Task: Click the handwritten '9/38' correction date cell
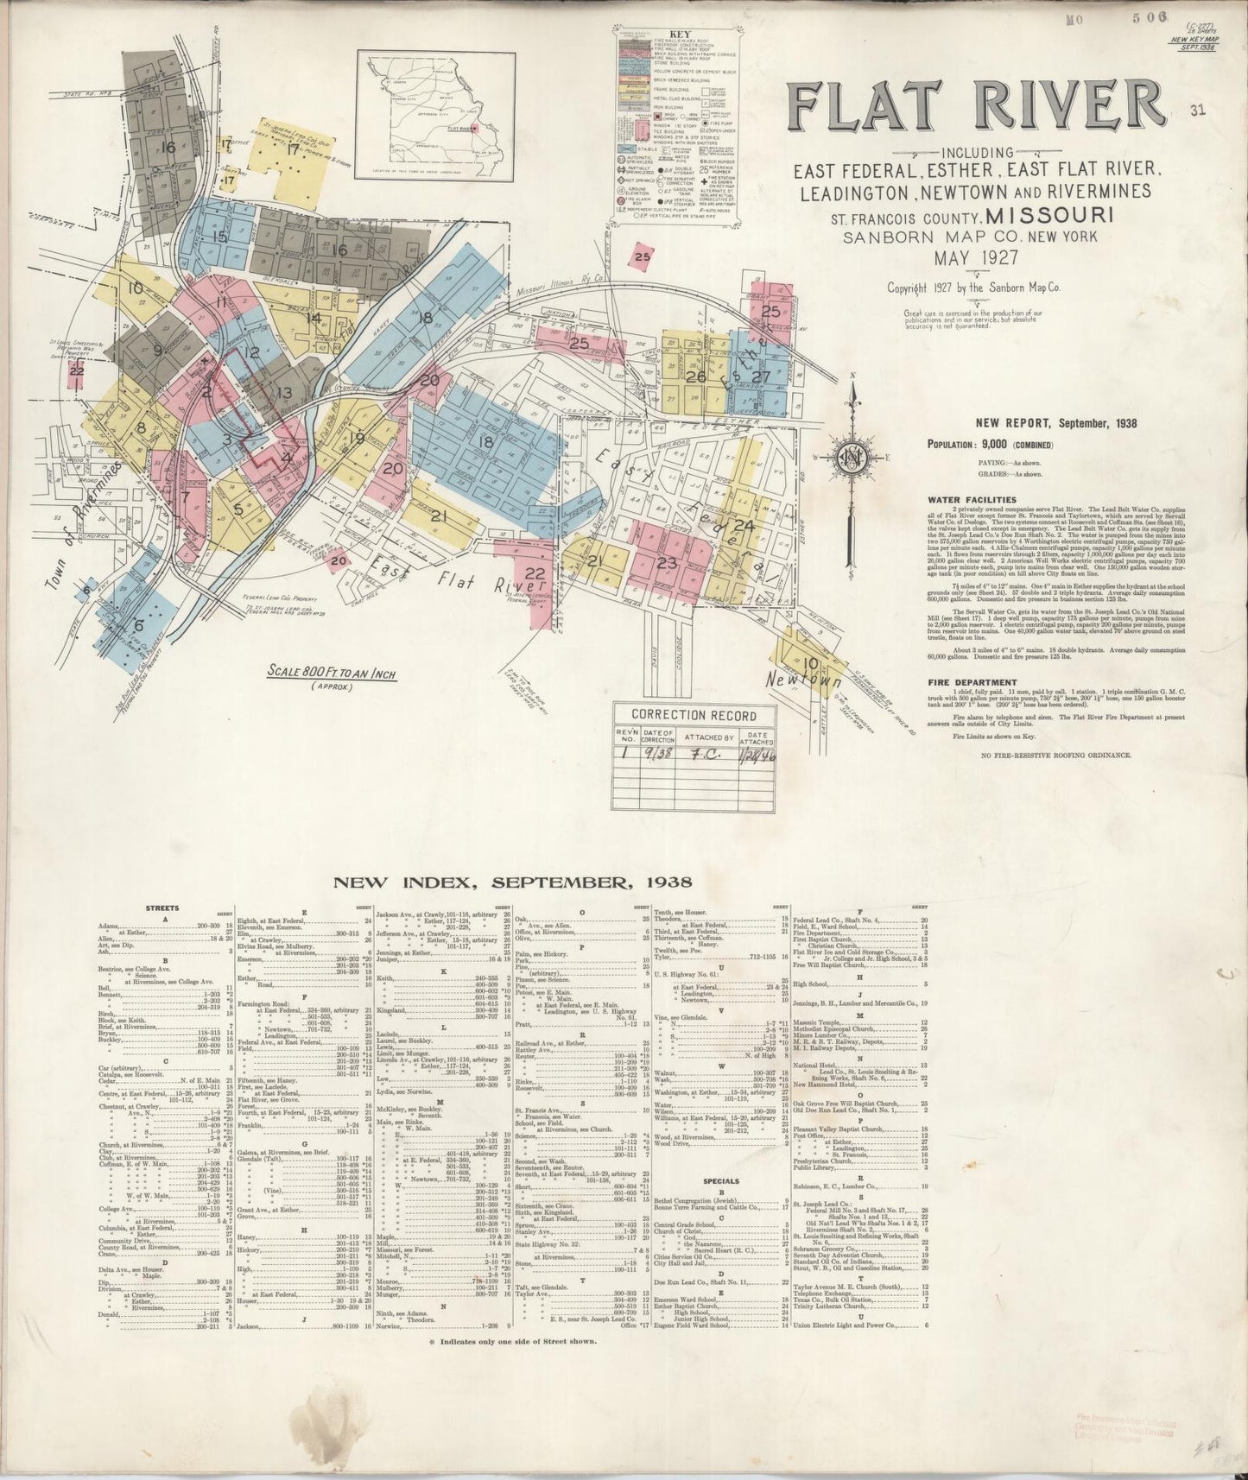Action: click(x=663, y=750)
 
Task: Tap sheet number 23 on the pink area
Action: click(x=666, y=563)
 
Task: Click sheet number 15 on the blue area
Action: click(x=219, y=237)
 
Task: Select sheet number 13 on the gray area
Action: click(x=284, y=394)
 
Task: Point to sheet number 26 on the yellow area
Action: click(x=696, y=376)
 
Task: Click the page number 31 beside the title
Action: click(x=1196, y=110)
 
